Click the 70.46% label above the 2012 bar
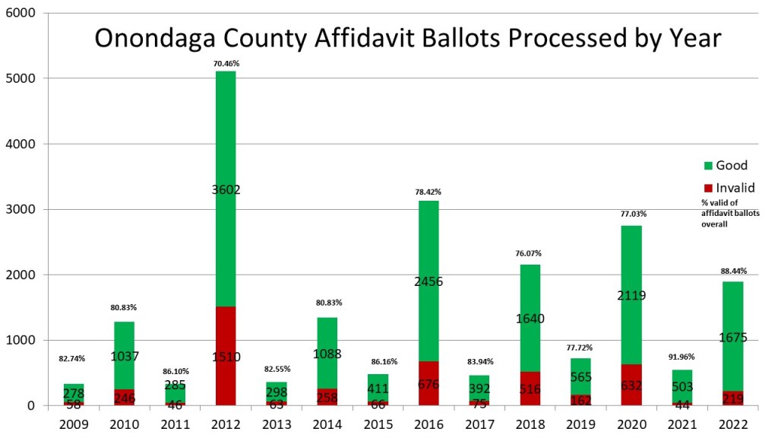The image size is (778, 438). point(226,64)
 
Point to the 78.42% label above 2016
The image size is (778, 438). point(429,192)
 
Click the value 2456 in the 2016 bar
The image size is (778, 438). point(429,281)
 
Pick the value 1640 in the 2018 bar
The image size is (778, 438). point(530,319)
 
